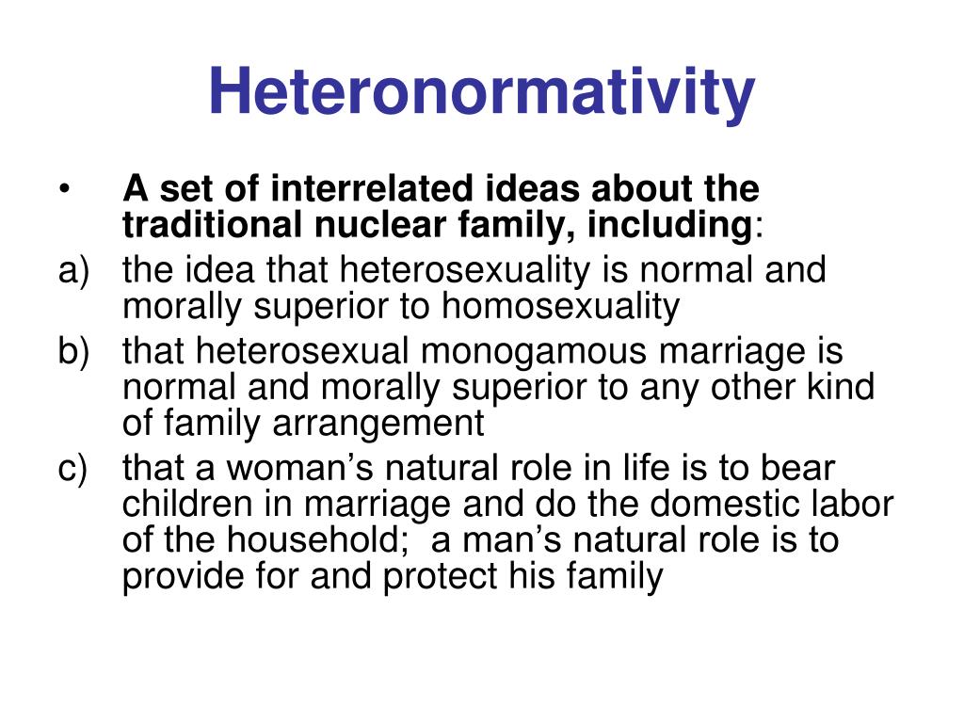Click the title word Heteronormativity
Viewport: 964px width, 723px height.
(481, 91)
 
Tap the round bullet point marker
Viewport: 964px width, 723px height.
(63, 191)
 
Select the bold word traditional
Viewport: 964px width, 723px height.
(210, 226)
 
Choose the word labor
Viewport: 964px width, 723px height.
(850, 505)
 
